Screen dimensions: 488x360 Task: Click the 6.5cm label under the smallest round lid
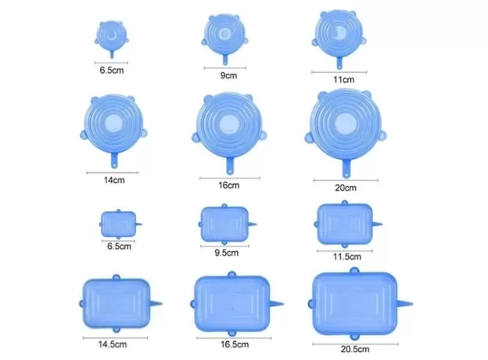(x=112, y=70)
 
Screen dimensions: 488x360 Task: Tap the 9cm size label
(x=228, y=76)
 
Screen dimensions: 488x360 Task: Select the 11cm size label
(x=343, y=80)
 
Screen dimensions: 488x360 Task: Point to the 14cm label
(x=114, y=180)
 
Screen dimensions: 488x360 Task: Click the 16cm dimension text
(x=228, y=185)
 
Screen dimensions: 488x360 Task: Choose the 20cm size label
(x=346, y=188)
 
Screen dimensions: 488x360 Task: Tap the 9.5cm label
(x=227, y=253)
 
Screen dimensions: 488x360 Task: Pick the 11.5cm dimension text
(x=347, y=257)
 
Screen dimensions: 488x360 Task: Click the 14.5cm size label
(x=113, y=344)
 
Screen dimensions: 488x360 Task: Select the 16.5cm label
(x=235, y=345)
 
